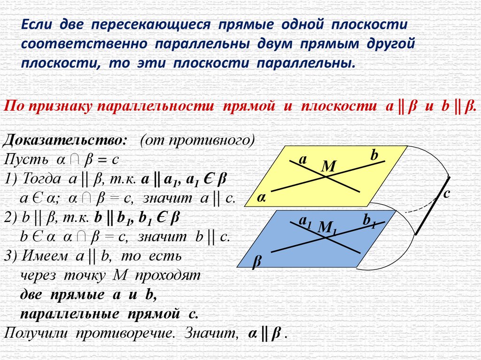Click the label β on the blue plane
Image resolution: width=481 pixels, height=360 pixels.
click(256, 261)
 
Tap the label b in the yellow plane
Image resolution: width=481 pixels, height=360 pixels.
click(374, 155)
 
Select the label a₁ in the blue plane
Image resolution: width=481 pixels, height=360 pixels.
click(306, 220)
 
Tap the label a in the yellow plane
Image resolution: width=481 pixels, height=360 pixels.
click(303, 160)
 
